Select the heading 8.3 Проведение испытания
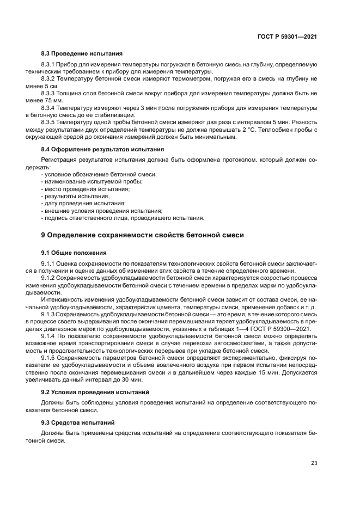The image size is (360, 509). pyautogui.click(x=82, y=54)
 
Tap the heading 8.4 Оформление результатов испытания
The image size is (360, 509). pyautogui.click(x=103, y=149)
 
